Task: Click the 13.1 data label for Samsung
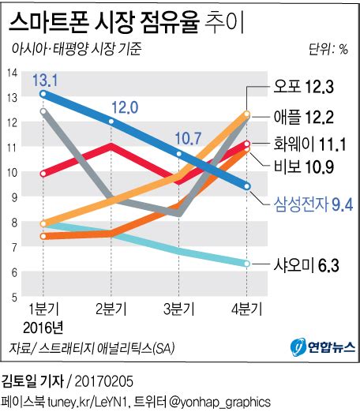[x=45, y=80]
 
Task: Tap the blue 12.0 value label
[x=125, y=107]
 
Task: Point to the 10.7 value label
[x=188, y=138]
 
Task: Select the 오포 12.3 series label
[x=303, y=86]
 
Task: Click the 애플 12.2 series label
[x=303, y=117]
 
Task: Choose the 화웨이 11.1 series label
[x=309, y=144]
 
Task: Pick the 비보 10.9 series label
[x=304, y=167]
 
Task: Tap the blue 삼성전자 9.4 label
[x=313, y=204]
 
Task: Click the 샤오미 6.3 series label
[x=306, y=265]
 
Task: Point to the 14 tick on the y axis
[x=12, y=73]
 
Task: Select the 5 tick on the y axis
[x=14, y=298]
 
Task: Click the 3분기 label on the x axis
[x=178, y=309]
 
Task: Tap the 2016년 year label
[x=43, y=328]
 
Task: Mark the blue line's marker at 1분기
[x=43, y=94]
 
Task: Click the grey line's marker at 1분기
[x=43, y=111]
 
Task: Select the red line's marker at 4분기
[x=247, y=144]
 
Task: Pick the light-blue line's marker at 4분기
[x=247, y=264]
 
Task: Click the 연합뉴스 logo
[x=323, y=347]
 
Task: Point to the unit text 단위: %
[x=328, y=49]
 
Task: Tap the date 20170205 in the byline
[x=104, y=381]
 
